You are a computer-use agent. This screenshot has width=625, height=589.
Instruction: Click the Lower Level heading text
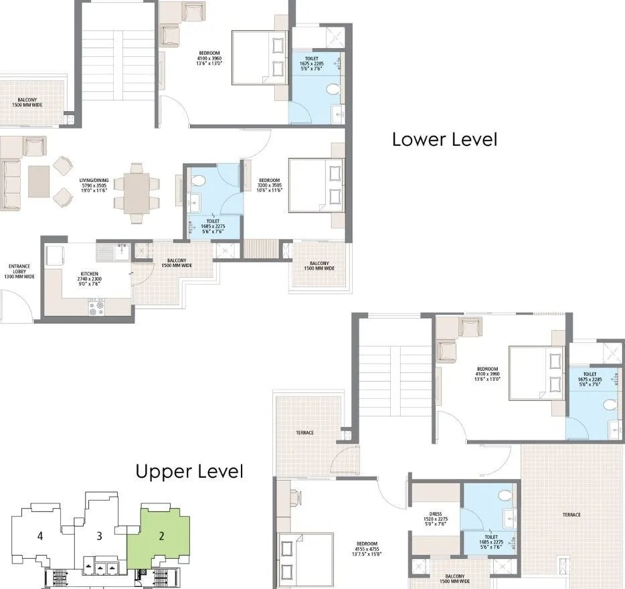point(444,140)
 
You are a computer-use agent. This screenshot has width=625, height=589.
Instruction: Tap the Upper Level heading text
point(189,471)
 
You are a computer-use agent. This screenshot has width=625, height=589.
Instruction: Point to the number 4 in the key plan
point(40,535)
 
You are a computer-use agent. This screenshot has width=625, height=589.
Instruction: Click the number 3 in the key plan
point(99,535)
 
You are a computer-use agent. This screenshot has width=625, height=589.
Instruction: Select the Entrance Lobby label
point(19,271)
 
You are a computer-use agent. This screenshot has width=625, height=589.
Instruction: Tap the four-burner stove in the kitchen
point(96,308)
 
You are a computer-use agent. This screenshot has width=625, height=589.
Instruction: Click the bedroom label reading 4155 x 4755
point(367,548)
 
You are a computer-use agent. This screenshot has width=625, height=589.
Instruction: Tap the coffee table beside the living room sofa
point(38,181)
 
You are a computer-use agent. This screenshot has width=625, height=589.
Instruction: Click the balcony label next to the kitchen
point(177,263)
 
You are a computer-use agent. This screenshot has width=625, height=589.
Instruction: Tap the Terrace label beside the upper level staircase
point(304,433)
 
